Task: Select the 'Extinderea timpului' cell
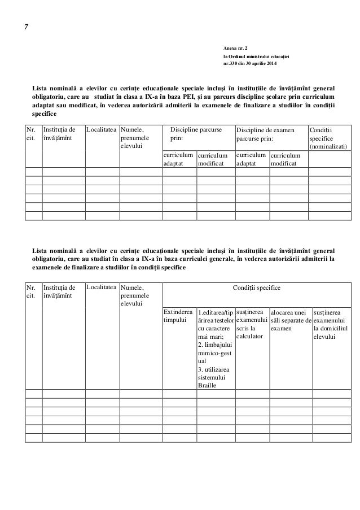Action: tap(178, 316)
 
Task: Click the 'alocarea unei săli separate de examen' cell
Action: tap(290, 320)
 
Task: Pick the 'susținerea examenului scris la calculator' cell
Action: tap(251, 324)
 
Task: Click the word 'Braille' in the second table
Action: tap(208, 385)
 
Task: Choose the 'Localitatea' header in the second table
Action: tap(102, 288)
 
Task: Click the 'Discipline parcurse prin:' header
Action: tap(196, 133)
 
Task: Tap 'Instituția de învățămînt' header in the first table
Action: tap(60, 133)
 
